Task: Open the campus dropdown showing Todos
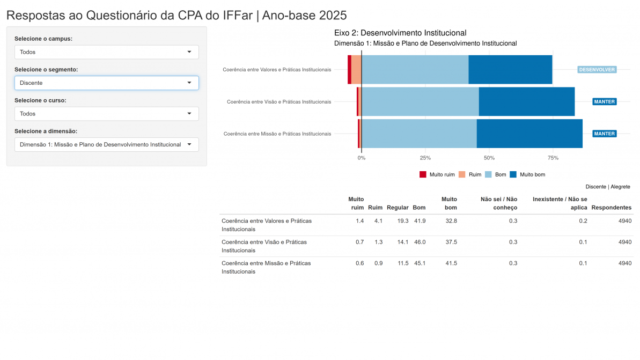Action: [x=106, y=52]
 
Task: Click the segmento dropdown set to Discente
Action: [x=106, y=83]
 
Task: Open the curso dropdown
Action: [x=106, y=114]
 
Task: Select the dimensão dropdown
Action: [x=106, y=144]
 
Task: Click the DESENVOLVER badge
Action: [x=597, y=70]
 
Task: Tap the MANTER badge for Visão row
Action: [x=604, y=101]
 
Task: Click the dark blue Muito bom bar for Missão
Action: [x=529, y=134]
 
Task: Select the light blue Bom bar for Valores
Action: [x=415, y=70]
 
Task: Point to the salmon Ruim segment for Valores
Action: [x=356, y=70]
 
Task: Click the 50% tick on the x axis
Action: [x=489, y=158]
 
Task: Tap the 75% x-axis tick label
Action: [x=553, y=158]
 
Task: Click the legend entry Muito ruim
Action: [x=437, y=174]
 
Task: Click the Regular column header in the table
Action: [x=398, y=208]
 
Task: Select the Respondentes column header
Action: [x=611, y=208]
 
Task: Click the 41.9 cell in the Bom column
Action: [x=420, y=221]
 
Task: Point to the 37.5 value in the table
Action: [x=451, y=242]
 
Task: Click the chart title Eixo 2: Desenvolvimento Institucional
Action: [x=400, y=33]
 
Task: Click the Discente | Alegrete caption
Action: [x=608, y=187]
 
